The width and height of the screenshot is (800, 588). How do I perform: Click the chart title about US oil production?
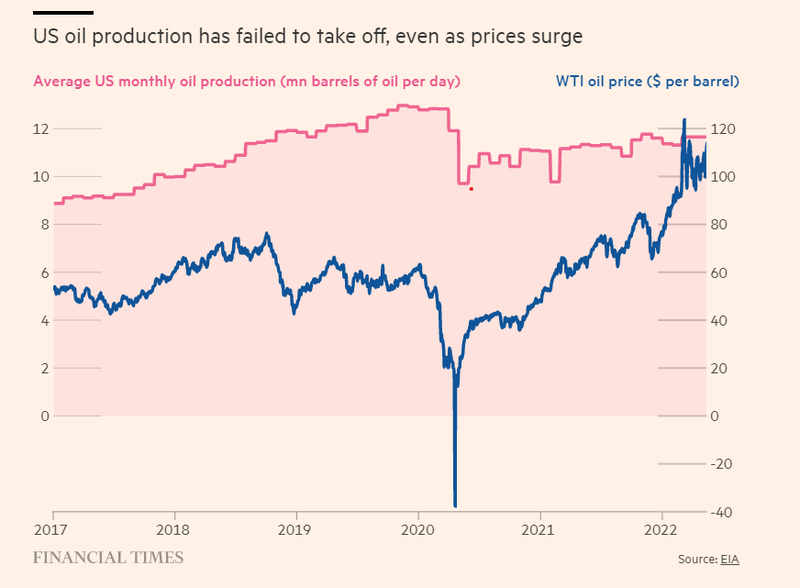pos(307,38)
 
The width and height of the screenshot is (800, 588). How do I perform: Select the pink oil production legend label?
pos(246,81)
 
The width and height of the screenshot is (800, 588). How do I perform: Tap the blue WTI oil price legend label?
pos(647,81)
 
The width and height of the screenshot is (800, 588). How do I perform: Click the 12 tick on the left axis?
pos(41,128)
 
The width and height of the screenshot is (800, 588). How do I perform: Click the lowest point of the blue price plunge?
pos(455,505)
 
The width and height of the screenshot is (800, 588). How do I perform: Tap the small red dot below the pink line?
pos(472,189)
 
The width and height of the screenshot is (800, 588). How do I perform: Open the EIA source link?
pos(728,559)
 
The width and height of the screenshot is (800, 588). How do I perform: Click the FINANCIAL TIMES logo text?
pos(108,558)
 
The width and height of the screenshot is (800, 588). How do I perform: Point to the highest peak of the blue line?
pos(683,120)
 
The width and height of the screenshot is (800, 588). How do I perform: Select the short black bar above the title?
pos(62,13)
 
